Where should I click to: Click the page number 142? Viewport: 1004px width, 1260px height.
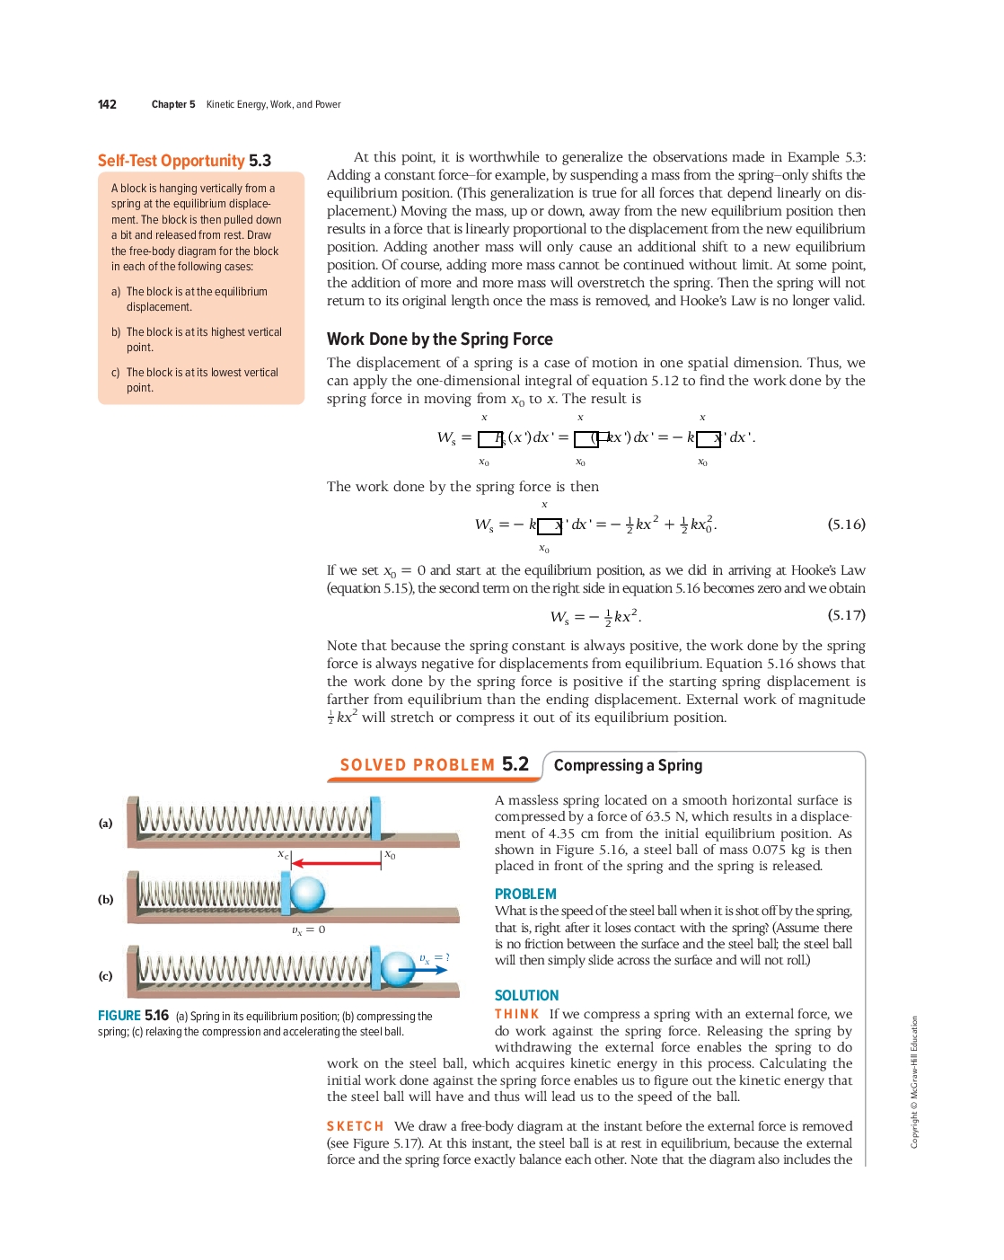pos(107,104)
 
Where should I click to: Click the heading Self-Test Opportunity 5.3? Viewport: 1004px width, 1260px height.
pos(184,161)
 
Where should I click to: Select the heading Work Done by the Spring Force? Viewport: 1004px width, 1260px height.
pos(439,339)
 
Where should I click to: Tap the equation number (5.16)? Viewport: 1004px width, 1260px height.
pos(846,524)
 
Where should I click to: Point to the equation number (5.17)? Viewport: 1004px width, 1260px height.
pos(846,615)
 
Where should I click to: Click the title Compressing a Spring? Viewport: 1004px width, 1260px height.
pos(628,765)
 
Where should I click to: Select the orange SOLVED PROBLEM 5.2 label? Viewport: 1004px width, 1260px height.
pos(434,765)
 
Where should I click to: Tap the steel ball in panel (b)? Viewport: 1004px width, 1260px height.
pos(307,894)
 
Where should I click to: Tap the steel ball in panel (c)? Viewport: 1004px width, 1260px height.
pos(397,969)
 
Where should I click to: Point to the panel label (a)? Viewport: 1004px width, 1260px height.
pos(106,824)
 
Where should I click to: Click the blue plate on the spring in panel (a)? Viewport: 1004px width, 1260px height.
pos(374,818)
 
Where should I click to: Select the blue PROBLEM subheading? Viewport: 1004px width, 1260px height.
pos(525,894)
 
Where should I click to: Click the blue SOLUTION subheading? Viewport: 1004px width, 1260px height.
pos(526,996)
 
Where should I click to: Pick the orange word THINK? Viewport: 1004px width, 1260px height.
pos(516,1014)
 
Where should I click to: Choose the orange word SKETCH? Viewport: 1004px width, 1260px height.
pos(355,1126)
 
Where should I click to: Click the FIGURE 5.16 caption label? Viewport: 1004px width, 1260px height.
pos(133,1016)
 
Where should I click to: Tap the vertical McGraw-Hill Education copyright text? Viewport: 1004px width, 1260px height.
pos(914,1081)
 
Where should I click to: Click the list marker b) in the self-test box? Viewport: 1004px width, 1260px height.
pos(116,332)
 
